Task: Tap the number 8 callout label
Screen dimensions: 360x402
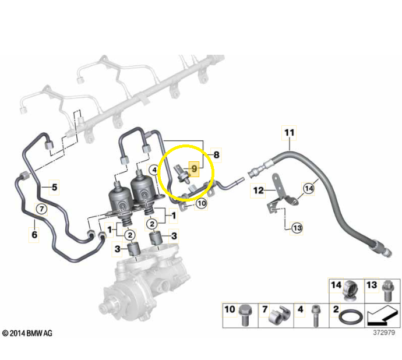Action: [217, 155]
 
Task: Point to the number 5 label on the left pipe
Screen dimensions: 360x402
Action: [54, 187]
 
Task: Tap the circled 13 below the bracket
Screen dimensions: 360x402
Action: [297, 228]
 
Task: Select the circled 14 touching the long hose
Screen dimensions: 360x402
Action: [308, 188]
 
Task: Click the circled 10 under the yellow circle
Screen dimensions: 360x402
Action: [201, 203]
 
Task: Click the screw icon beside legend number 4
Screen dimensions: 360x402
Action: [316, 315]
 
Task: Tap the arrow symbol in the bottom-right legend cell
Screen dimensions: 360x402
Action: [383, 316]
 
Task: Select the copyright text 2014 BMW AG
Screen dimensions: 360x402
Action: [27, 333]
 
